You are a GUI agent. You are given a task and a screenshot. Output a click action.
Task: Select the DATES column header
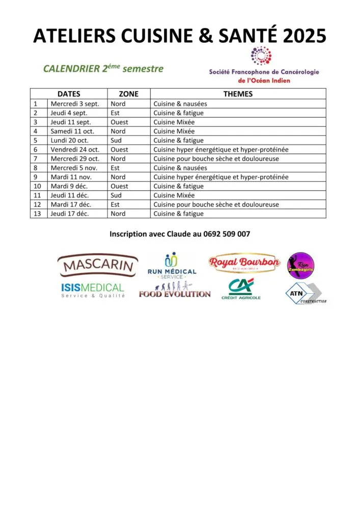[69, 94]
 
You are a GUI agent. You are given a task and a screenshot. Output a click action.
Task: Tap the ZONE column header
[128, 94]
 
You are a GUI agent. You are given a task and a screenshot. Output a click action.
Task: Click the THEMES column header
[238, 94]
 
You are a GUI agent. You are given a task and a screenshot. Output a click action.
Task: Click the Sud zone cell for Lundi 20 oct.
[118, 140]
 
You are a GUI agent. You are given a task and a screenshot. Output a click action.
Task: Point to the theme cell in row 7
[223, 159]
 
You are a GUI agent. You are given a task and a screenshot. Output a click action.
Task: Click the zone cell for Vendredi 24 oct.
[119, 150]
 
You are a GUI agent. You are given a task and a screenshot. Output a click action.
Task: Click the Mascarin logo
[98, 265]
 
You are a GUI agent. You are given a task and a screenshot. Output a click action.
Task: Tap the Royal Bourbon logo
[244, 263]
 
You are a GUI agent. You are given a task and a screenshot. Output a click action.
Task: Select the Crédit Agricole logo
[241, 289]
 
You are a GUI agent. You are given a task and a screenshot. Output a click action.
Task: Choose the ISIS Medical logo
[93, 290]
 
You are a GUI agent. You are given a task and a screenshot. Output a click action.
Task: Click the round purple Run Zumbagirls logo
[300, 265]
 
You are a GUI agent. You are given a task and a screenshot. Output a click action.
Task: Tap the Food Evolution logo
[174, 291]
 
